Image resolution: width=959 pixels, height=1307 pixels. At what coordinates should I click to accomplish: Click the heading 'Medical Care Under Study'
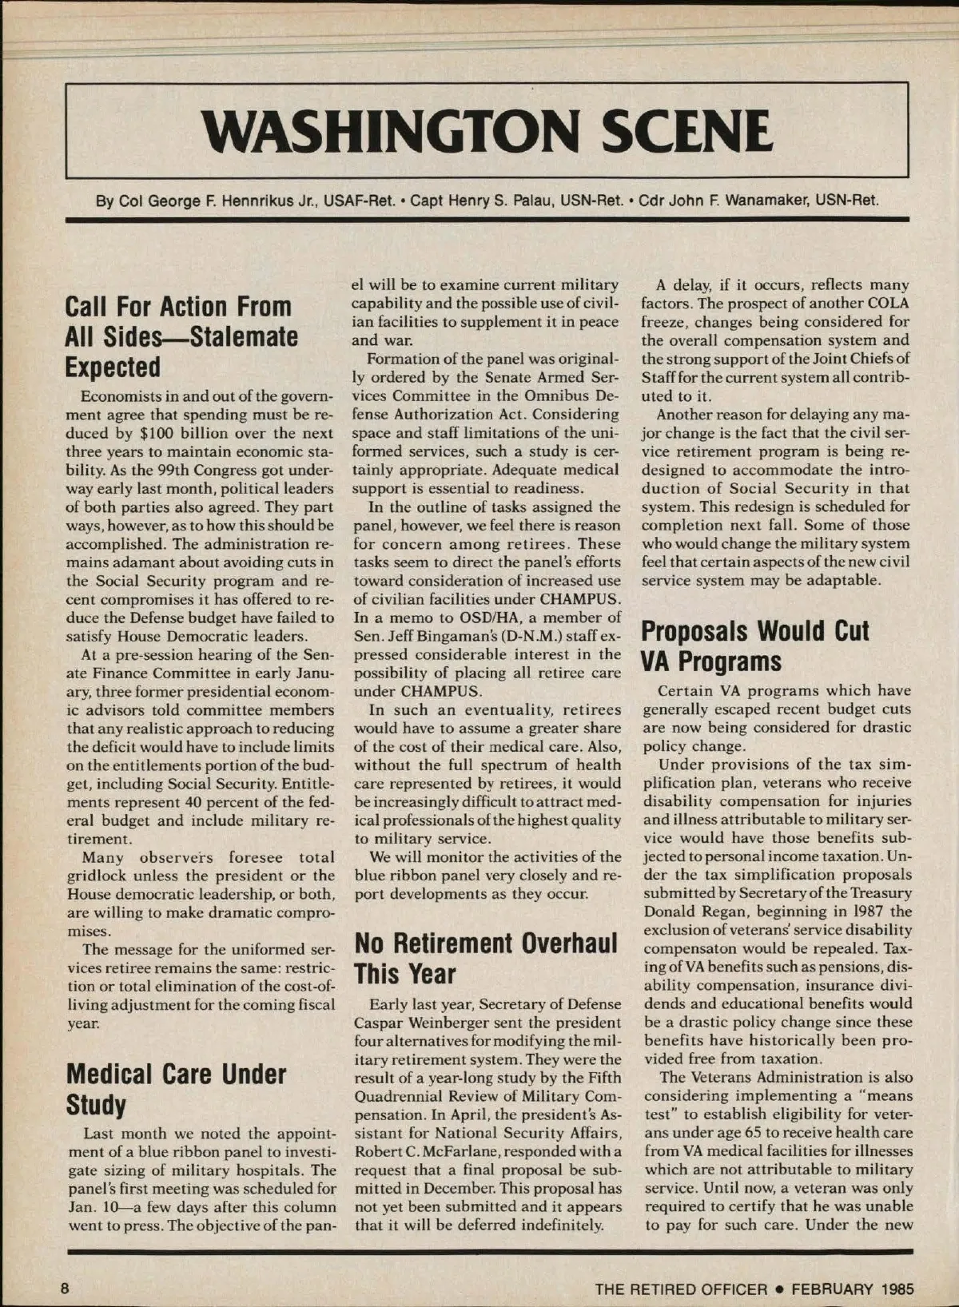176,1089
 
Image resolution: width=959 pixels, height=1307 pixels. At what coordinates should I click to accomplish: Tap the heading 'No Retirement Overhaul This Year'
486,958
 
